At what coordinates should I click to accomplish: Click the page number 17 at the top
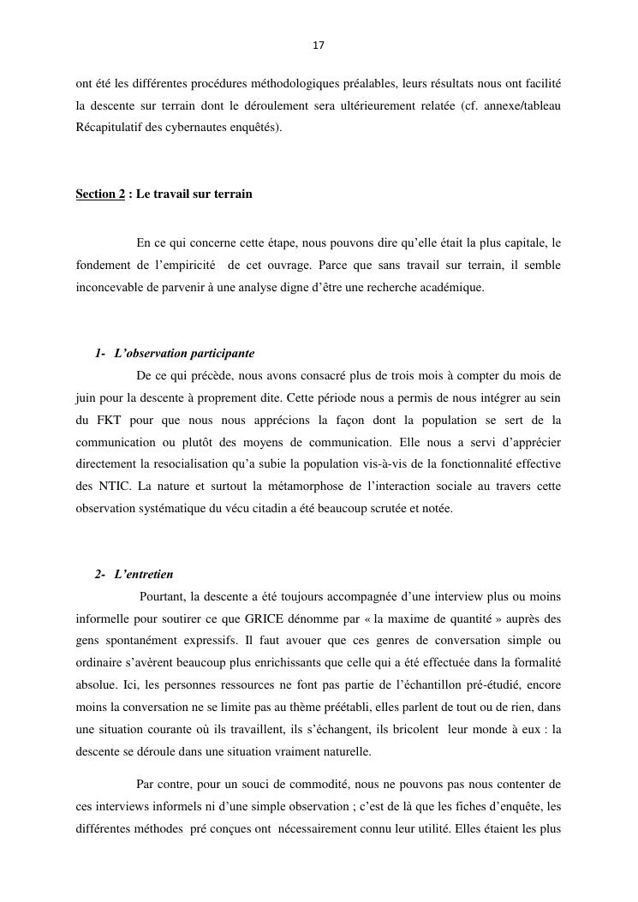(319, 45)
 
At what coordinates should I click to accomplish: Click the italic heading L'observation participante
(184, 353)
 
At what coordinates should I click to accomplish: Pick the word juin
(86, 397)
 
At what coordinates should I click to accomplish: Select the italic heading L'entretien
(143, 574)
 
